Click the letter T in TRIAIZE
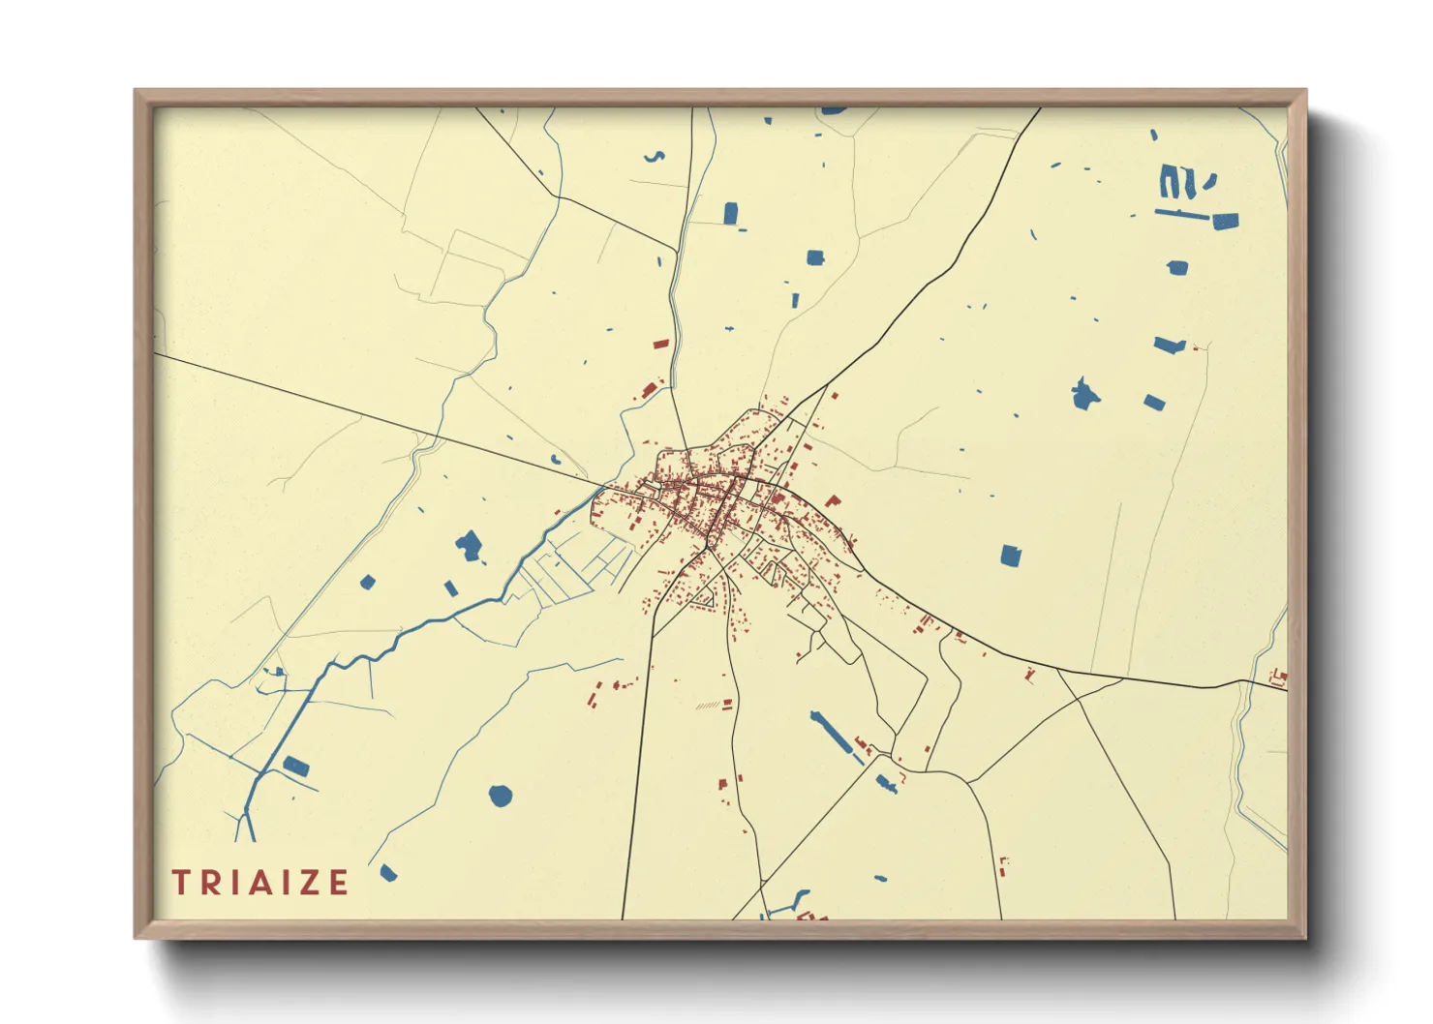point(180,882)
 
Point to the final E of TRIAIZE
point(338,882)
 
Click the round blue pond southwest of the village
point(500,796)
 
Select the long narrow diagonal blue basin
point(832,733)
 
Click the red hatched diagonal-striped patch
point(708,706)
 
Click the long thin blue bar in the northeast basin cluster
point(1182,213)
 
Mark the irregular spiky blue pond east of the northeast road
point(1084,394)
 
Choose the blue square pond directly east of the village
point(1010,556)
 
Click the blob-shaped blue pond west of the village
point(470,546)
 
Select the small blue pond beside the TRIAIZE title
point(388,873)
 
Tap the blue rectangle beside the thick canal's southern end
point(296,768)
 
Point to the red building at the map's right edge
point(1279,677)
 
